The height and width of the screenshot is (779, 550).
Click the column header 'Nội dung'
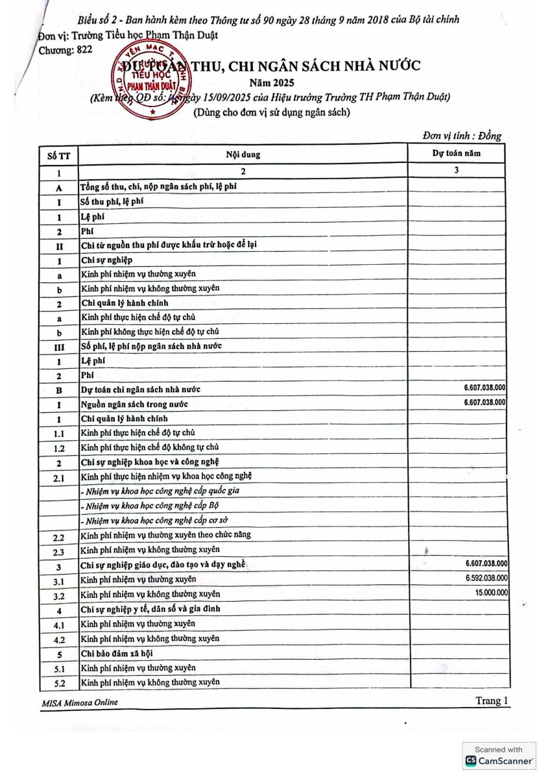243,155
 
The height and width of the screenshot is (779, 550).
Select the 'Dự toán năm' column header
457,153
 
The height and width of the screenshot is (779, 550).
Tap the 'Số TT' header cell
58,156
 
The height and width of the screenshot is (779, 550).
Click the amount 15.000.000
492,593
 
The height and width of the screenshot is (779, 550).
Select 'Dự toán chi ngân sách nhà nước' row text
141,389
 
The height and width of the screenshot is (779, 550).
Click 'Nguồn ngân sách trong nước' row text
134,404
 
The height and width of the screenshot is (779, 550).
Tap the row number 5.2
58,683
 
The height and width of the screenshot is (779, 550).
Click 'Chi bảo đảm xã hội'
117,653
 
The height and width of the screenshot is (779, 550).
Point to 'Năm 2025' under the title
272,82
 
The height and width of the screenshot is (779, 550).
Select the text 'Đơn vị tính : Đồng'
461,135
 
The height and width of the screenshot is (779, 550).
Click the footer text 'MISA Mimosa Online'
80,702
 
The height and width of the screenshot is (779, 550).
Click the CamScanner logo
499,760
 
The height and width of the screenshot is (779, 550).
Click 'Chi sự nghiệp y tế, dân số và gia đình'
150,609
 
